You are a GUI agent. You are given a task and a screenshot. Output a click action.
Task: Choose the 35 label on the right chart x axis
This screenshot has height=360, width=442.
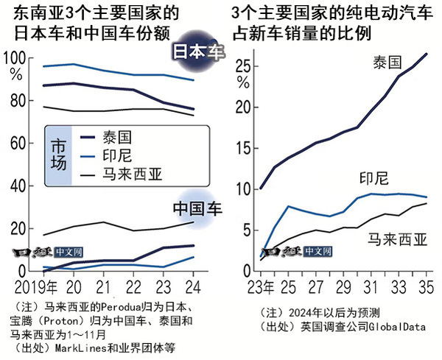coord(425,285)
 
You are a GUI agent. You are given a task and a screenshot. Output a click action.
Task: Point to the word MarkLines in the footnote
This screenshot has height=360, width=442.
coord(75,347)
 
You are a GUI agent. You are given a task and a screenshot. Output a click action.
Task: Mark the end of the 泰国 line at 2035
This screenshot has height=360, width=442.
coord(427,53)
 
